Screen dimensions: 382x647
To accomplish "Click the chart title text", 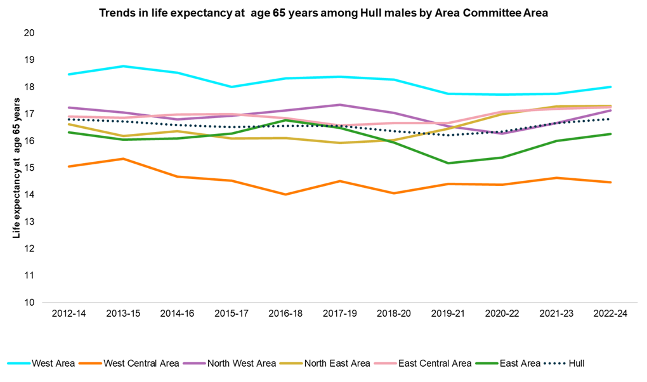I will click(x=323, y=13).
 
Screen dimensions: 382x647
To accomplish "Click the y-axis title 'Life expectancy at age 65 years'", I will click(x=16, y=173).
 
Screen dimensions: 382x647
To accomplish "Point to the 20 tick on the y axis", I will click(x=29, y=33).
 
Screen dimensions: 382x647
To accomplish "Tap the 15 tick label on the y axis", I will click(x=29, y=168).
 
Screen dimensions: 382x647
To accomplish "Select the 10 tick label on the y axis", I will click(x=29, y=303).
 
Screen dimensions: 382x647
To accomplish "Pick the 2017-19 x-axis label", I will click(x=339, y=315).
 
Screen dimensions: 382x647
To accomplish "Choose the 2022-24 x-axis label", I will click(x=610, y=315).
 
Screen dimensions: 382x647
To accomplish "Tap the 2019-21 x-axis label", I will click(x=448, y=315).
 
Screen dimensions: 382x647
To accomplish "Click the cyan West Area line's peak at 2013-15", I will click(x=122, y=66).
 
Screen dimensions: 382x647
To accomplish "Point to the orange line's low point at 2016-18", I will click(x=285, y=194).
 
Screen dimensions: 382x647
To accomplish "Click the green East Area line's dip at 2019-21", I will click(x=448, y=163).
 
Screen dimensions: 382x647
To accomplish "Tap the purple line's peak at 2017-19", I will click(x=339, y=105).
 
